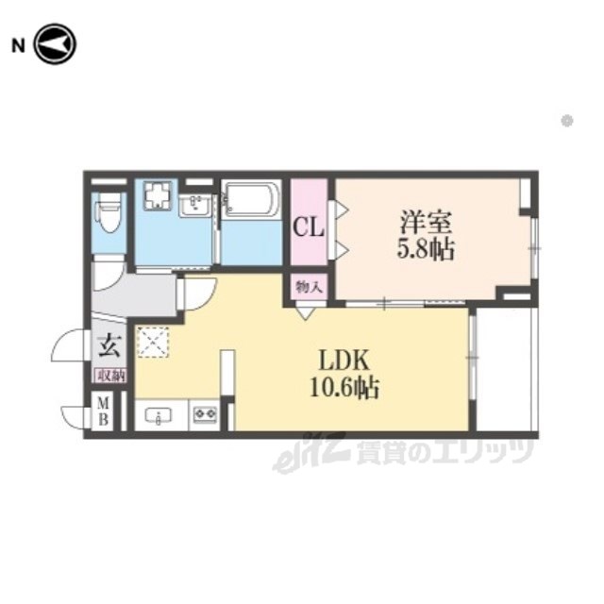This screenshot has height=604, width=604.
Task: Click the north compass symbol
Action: point(56,44)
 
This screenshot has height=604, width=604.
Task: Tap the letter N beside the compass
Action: point(19,46)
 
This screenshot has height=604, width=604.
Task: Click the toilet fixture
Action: point(109,213)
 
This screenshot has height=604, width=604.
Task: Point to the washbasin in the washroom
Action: point(194,205)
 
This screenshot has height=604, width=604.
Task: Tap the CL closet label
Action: point(309,227)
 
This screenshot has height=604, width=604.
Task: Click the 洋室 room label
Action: point(426,223)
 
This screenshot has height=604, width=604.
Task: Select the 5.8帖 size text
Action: point(426,249)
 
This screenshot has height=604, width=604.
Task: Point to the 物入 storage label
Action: point(309,287)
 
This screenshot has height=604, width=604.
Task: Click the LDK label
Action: point(344,361)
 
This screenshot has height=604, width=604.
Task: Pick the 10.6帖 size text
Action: point(344,387)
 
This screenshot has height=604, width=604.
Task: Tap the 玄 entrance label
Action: point(110,346)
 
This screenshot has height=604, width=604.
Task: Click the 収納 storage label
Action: point(111,376)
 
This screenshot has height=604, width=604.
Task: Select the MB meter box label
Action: point(103,412)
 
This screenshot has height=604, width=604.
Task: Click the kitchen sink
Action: point(159,415)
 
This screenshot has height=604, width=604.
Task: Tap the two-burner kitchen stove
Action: point(206,414)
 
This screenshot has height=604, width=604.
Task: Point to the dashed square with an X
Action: point(153,342)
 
